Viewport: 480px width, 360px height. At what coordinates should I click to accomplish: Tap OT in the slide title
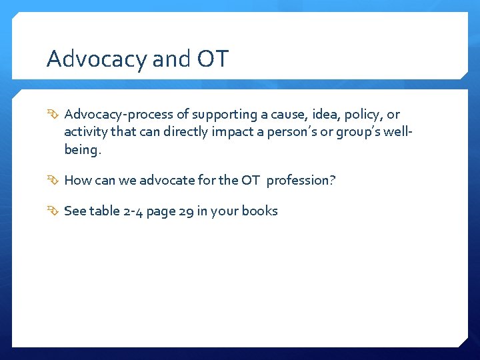[213, 59]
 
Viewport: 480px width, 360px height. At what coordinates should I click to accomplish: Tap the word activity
[87, 132]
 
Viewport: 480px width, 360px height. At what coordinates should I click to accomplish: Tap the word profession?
[301, 180]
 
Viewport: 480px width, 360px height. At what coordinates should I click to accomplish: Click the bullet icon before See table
[54, 211]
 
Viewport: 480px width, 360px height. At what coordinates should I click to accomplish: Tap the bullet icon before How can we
[54, 180]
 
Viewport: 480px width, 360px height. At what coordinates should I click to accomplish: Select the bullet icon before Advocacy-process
[54, 115]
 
